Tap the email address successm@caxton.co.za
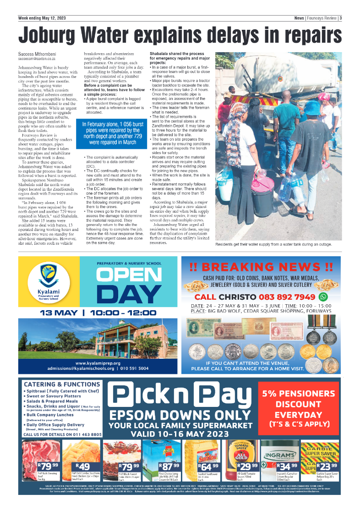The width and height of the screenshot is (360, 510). (x=37, y=59)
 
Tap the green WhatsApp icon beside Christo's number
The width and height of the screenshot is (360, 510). (x=323, y=296)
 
